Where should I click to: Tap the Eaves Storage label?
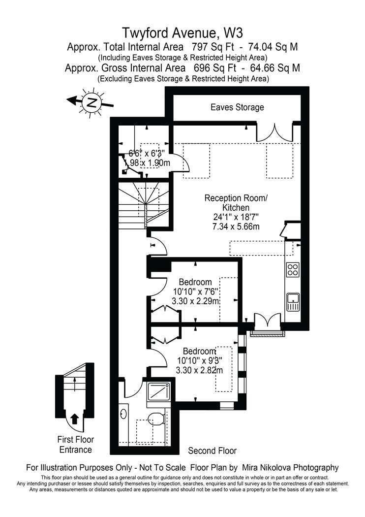tap(237, 107)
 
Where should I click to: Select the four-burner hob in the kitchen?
tap(293, 269)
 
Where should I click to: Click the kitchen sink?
tap(293, 302)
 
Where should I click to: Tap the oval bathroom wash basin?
tap(124, 414)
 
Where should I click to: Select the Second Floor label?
tap(212, 451)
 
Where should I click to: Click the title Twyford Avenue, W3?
tap(182, 33)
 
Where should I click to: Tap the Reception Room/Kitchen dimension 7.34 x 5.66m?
tap(236, 226)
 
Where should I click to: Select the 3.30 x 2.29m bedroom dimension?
tap(196, 301)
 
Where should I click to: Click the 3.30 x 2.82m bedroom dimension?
tap(199, 370)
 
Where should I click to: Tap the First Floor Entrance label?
tap(75, 445)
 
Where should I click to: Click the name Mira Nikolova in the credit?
tap(267, 467)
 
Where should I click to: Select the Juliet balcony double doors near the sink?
tap(267, 322)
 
